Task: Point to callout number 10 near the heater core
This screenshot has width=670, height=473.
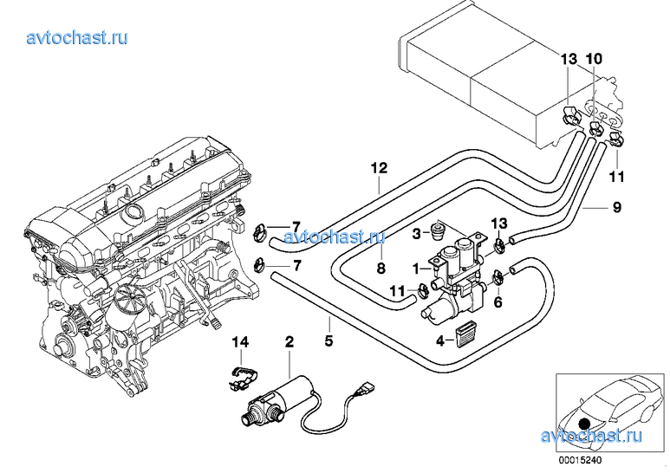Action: (593, 59)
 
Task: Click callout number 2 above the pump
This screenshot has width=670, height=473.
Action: (289, 343)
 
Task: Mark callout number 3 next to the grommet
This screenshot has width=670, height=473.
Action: (416, 233)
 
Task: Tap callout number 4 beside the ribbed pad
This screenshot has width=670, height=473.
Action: (440, 341)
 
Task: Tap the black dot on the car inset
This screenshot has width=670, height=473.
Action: (582, 424)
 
